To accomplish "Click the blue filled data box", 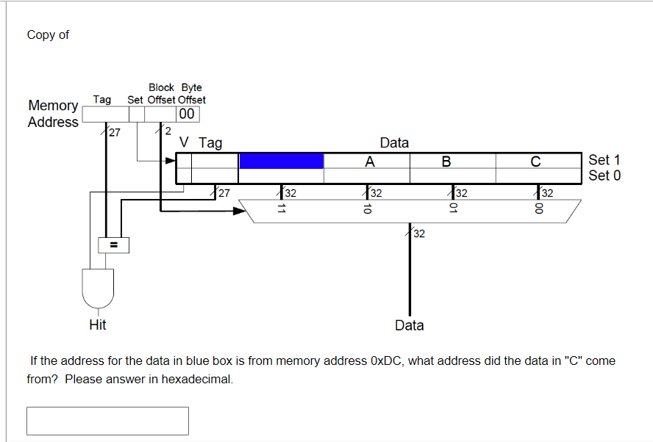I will pyautogui.click(x=281, y=161).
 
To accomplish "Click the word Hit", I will pyautogui.click(x=97, y=325).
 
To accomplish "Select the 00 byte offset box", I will pyautogui.click(x=187, y=114).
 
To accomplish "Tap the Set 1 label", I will pyautogui.click(x=604, y=160).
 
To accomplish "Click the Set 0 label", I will pyautogui.click(x=604, y=175).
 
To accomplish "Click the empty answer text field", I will pyautogui.click(x=107, y=421).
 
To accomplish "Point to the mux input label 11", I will pyautogui.click(x=280, y=209).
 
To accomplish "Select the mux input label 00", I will pyautogui.click(x=539, y=209).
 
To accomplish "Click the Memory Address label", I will pyautogui.click(x=53, y=114).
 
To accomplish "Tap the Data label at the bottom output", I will pyautogui.click(x=409, y=325).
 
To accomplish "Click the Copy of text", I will pyautogui.click(x=48, y=35).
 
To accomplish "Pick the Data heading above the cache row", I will pyautogui.click(x=394, y=142).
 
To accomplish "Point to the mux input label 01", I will pyautogui.click(x=454, y=209).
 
